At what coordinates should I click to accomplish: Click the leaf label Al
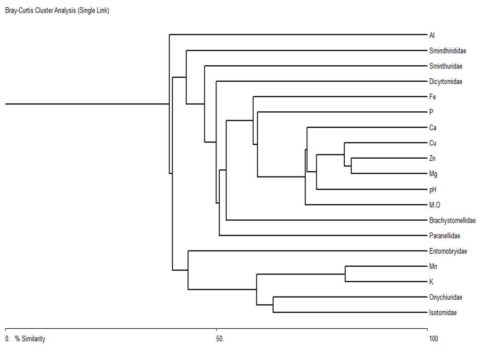tap(432, 35)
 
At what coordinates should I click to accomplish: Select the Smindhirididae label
tap(448, 51)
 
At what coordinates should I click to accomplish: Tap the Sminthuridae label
tap(445, 66)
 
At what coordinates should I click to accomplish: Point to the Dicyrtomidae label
tap(445, 82)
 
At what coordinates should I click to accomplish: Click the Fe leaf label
tap(432, 97)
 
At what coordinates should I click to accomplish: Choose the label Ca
tap(432, 128)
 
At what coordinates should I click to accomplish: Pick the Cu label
tap(432, 143)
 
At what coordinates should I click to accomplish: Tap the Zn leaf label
tap(432, 159)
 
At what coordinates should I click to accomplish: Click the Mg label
tap(433, 174)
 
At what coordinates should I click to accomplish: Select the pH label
tap(432, 189)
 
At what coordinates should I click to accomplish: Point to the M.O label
tap(435, 205)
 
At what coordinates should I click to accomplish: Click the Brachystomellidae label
tap(452, 221)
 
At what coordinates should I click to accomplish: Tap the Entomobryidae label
tap(448, 251)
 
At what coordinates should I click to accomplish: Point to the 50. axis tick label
tap(220, 339)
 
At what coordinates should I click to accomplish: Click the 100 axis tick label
tap(433, 339)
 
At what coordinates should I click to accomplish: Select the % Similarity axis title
tap(30, 339)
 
